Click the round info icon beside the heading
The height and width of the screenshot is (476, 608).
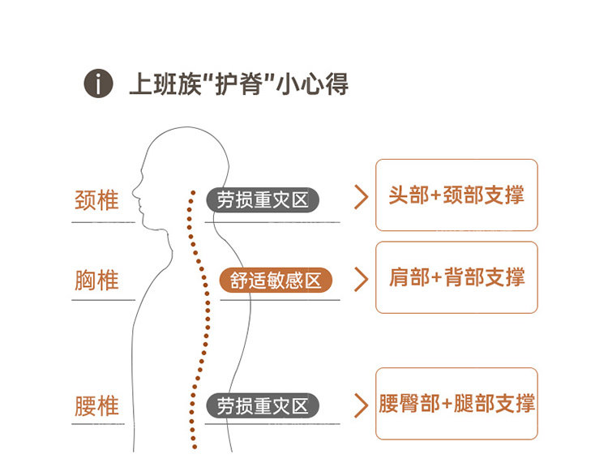(98, 84)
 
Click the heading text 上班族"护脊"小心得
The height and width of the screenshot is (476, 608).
(238, 84)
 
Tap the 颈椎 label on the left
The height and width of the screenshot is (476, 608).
(96, 199)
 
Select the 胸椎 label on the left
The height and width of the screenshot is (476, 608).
(96, 281)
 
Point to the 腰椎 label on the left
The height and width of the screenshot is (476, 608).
(96, 405)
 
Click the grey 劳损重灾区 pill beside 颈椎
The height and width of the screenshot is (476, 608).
(263, 200)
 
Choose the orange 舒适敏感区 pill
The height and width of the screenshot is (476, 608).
(276, 281)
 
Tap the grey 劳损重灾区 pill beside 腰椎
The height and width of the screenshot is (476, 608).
(263, 405)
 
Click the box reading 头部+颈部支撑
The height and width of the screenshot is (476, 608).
(456, 195)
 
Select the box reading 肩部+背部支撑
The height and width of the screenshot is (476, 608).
(456, 277)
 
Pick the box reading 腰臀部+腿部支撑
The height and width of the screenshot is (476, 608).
(456, 404)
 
